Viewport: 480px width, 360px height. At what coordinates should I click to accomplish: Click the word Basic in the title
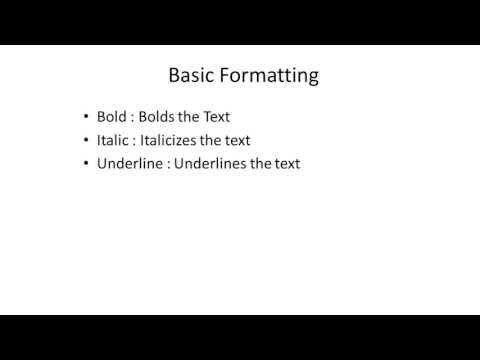[x=189, y=75]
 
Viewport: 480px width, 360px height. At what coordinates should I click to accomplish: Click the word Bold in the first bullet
[x=112, y=117]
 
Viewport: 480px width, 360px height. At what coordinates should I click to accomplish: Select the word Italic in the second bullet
[x=112, y=140]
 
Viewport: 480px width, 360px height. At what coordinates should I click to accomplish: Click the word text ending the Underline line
[x=286, y=163]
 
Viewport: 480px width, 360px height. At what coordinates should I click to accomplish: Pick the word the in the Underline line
[x=261, y=163]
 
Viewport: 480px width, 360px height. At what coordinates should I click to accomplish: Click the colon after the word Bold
[x=135, y=118]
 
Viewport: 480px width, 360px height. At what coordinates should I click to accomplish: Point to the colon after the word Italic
[x=134, y=141]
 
